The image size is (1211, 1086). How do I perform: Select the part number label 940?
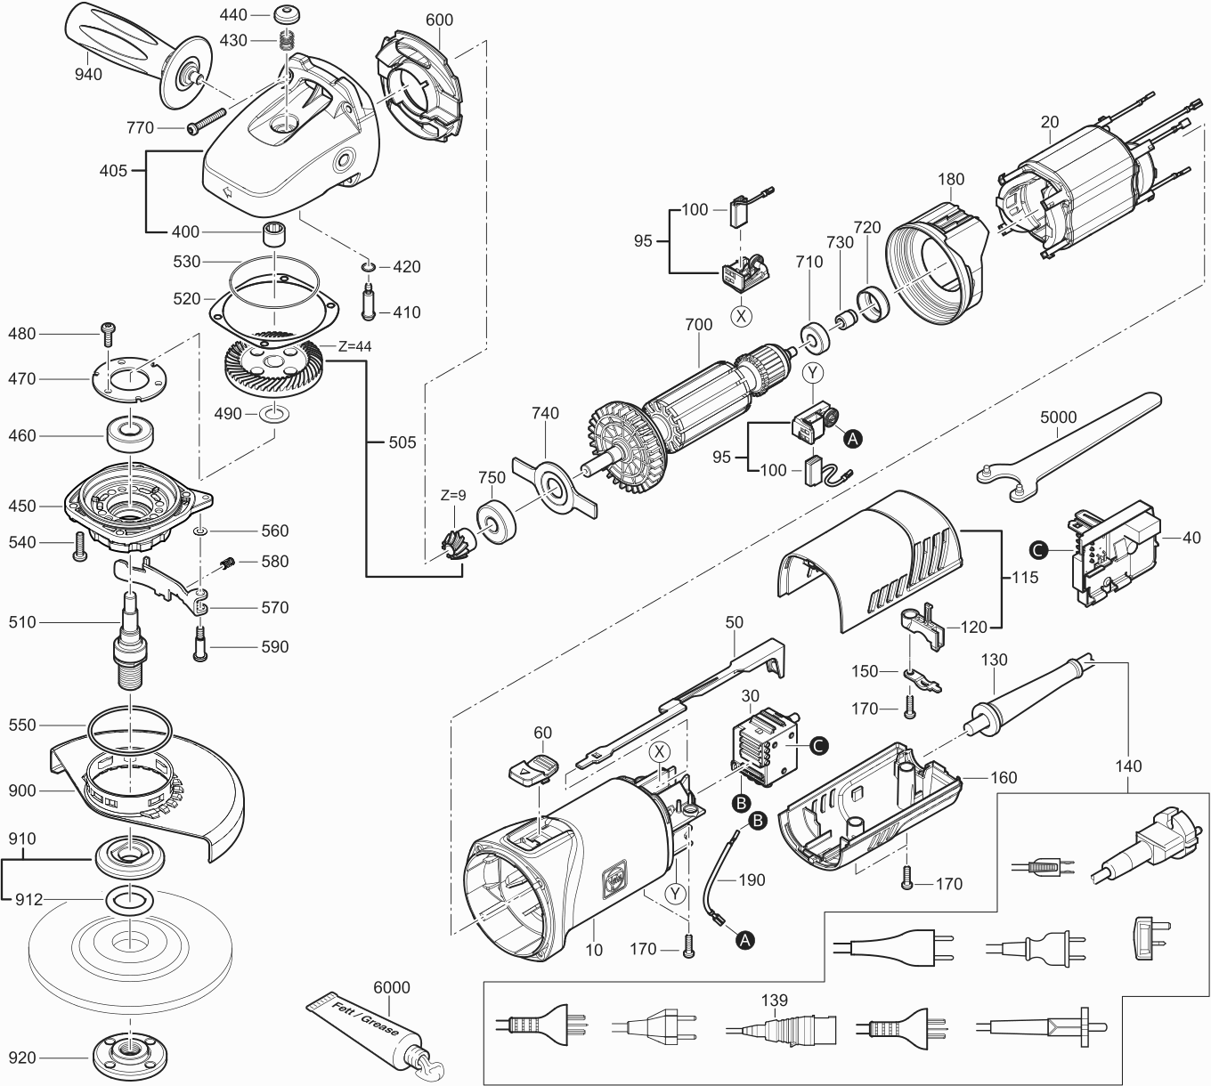click(x=88, y=74)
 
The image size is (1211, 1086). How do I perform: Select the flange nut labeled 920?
click(x=130, y=1058)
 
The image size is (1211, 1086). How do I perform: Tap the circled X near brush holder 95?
click(x=742, y=314)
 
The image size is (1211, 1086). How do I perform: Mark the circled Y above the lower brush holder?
click(x=813, y=371)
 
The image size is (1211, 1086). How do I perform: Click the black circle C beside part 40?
click(x=1037, y=549)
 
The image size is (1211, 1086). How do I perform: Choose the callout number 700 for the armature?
click(x=698, y=325)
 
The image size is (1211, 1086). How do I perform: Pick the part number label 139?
click(x=775, y=1001)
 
